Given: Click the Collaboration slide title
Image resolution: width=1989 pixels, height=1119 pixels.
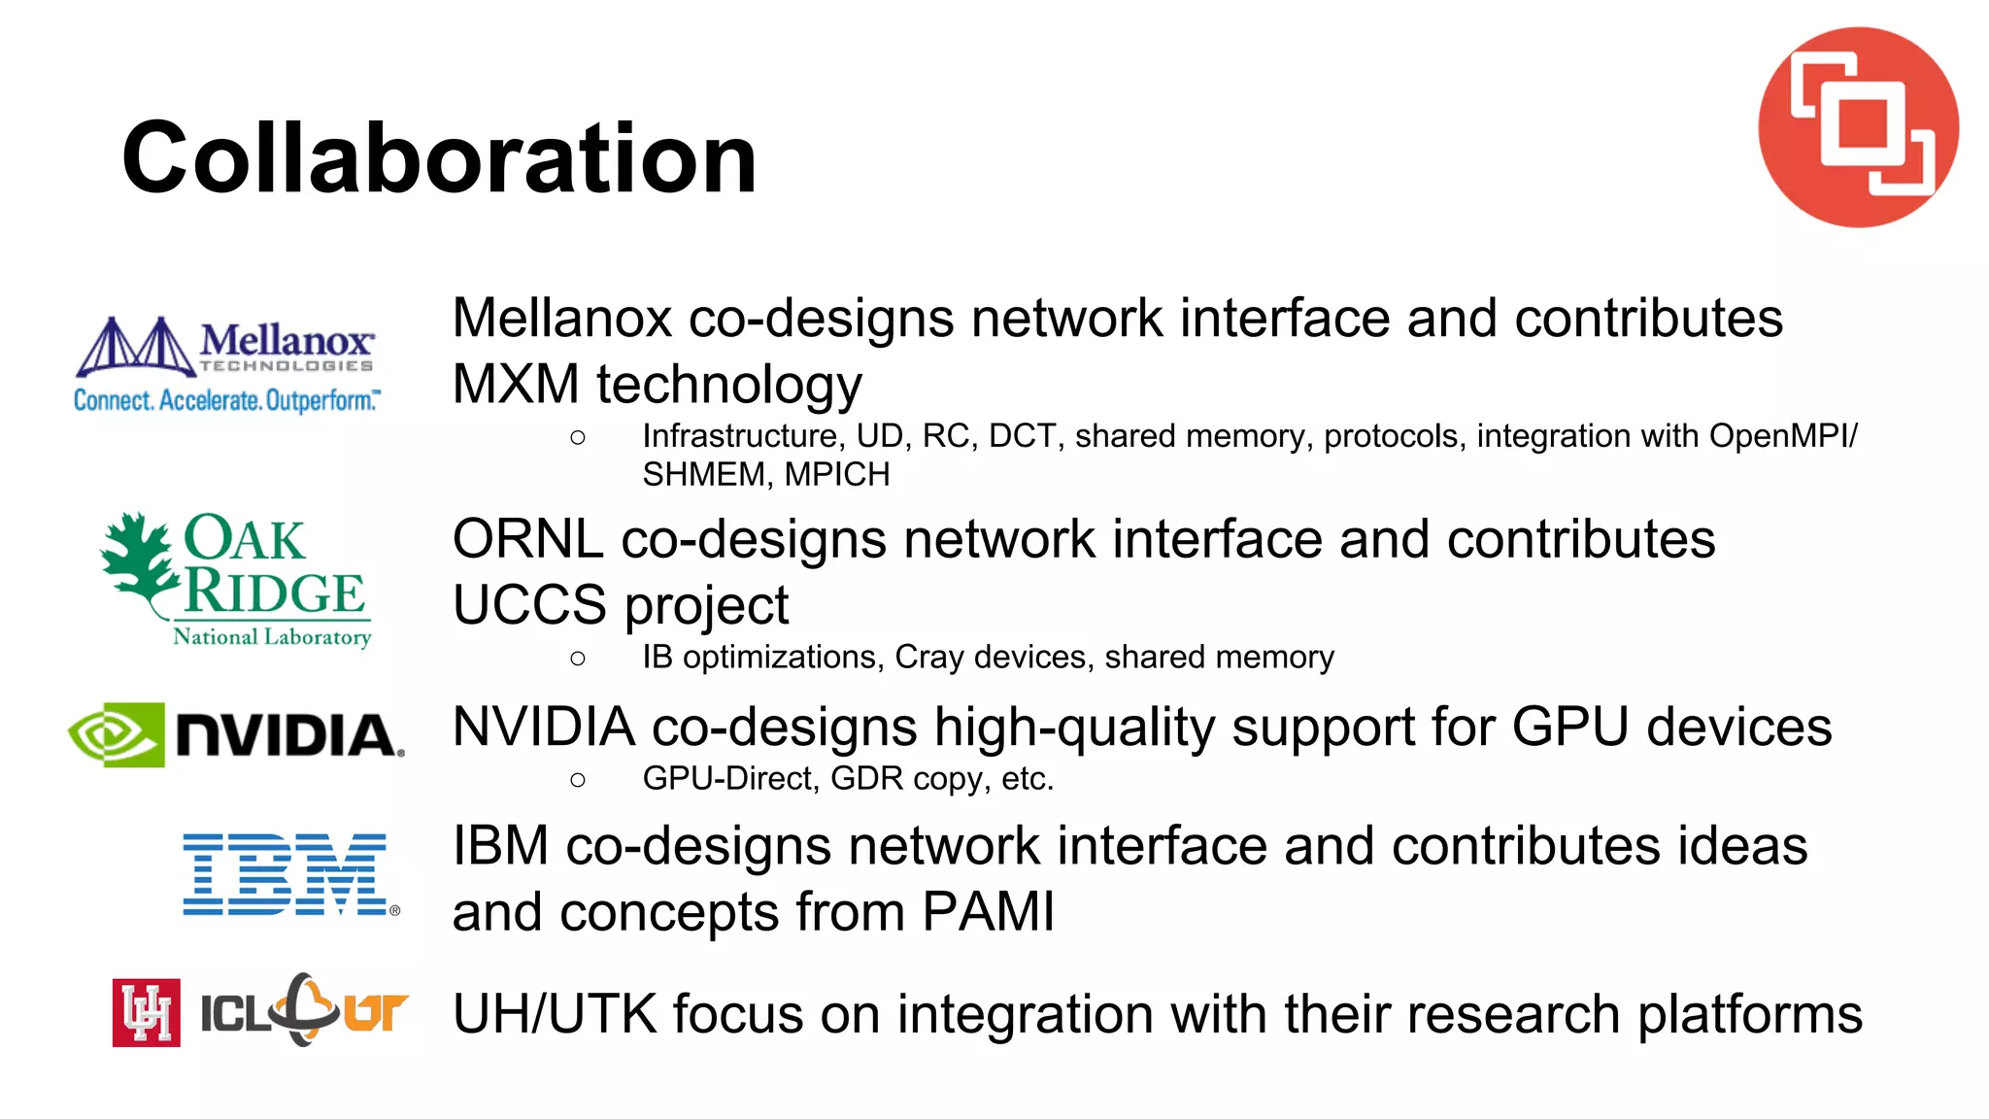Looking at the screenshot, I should (x=439, y=158).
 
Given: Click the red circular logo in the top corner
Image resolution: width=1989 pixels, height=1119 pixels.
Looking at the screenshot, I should (x=1858, y=127).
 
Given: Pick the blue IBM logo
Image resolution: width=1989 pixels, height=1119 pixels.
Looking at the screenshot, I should (x=288, y=874).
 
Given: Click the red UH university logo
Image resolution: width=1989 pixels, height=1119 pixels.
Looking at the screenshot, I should (x=147, y=1012).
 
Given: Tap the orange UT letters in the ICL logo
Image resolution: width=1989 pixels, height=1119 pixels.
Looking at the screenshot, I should (x=375, y=1013).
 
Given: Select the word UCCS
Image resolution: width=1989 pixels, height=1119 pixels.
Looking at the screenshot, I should (x=529, y=605).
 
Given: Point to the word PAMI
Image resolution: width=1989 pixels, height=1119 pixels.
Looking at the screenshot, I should (x=988, y=912).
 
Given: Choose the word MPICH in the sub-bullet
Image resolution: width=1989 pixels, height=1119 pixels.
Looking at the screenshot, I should (x=837, y=475).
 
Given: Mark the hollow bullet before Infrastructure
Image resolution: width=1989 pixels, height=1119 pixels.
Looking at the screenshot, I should (x=578, y=438).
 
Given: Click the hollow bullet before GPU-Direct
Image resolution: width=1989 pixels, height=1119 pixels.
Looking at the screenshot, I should (x=578, y=780).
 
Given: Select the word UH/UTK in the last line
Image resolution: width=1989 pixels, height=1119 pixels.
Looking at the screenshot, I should (x=555, y=1014).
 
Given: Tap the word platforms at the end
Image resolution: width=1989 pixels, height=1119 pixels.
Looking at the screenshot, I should (x=1750, y=1014).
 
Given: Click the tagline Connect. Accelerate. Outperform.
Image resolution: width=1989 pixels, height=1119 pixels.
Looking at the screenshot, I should (x=227, y=400).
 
